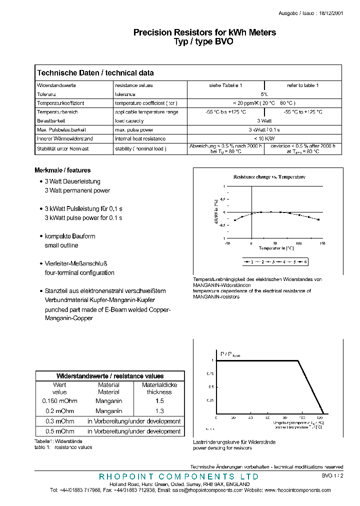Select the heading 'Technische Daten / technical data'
point(95,73)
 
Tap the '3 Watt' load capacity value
point(264,120)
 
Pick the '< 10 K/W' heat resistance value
point(264,138)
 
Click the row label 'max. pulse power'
point(134,129)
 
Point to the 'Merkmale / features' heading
point(62,170)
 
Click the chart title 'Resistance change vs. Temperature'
point(269,177)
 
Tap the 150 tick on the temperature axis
point(321,243)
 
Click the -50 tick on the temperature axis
point(227,243)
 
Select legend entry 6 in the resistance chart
point(305,261)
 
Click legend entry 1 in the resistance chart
point(252,261)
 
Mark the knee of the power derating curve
point(299,360)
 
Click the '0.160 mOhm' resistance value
point(59,401)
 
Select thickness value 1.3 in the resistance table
point(159,411)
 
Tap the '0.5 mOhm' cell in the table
point(59,431)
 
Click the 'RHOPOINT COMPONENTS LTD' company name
point(179,476)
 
